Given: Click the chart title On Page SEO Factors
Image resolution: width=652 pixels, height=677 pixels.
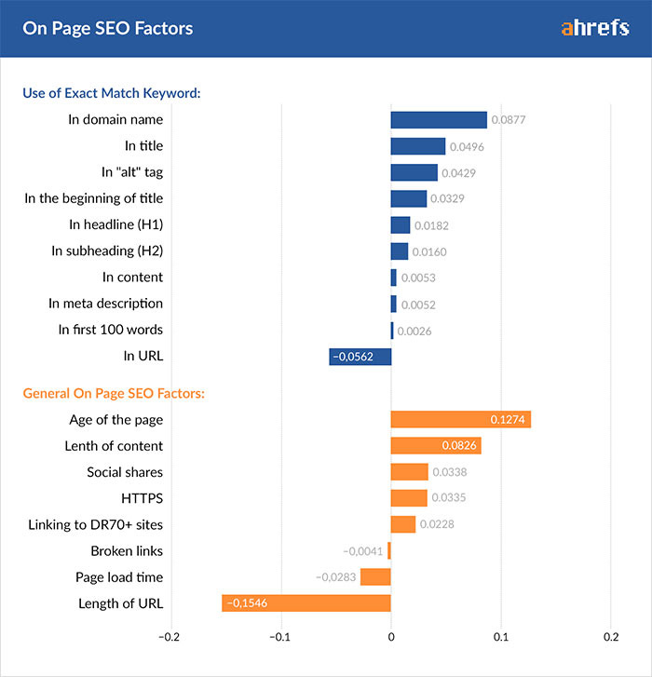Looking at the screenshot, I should (108, 28).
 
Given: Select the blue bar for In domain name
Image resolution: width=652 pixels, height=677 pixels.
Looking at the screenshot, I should (439, 120).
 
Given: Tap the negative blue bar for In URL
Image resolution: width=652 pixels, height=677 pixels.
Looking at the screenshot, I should (360, 357).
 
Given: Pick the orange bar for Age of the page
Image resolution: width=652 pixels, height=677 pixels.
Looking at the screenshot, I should (460, 420).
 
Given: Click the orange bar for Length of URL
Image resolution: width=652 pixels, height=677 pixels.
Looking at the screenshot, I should (306, 603).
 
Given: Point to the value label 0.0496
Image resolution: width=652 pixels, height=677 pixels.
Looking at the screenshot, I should (467, 147).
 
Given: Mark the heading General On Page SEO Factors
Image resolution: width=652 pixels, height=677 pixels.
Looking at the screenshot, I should (114, 393).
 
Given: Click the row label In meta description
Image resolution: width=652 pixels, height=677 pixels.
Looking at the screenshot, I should (105, 303).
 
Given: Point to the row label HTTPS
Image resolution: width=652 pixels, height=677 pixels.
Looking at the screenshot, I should (142, 498).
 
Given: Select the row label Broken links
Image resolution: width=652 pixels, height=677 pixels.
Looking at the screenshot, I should (127, 551).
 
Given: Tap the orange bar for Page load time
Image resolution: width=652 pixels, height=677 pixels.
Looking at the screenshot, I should (375, 577).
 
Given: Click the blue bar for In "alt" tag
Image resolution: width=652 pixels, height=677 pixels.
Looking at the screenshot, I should (414, 173).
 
